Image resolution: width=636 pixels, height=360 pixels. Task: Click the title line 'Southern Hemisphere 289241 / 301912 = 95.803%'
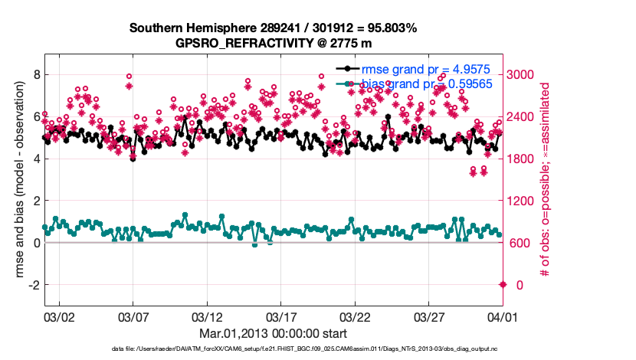pyautogui.click(x=274, y=28)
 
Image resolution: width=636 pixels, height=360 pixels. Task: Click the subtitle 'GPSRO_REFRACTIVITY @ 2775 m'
pyautogui.click(x=274, y=42)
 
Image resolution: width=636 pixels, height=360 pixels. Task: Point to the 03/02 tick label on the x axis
pyautogui.click(x=58, y=316)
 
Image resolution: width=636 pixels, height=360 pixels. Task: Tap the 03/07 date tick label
pyautogui.click(x=133, y=316)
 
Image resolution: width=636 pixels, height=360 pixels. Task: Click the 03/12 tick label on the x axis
pyautogui.click(x=207, y=316)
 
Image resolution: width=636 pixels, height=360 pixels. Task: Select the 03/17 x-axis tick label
pyautogui.click(x=281, y=316)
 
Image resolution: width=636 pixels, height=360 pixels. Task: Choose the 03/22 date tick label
pyautogui.click(x=355, y=316)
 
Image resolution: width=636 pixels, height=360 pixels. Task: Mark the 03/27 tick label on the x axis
pyautogui.click(x=429, y=316)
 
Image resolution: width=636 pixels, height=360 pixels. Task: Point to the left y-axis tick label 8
pyautogui.click(x=34, y=74)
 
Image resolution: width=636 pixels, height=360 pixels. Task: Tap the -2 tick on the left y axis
pyautogui.click(x=31, y=285)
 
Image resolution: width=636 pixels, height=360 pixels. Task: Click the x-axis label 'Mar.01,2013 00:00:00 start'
pyautogui.click(x=274, y=333)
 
